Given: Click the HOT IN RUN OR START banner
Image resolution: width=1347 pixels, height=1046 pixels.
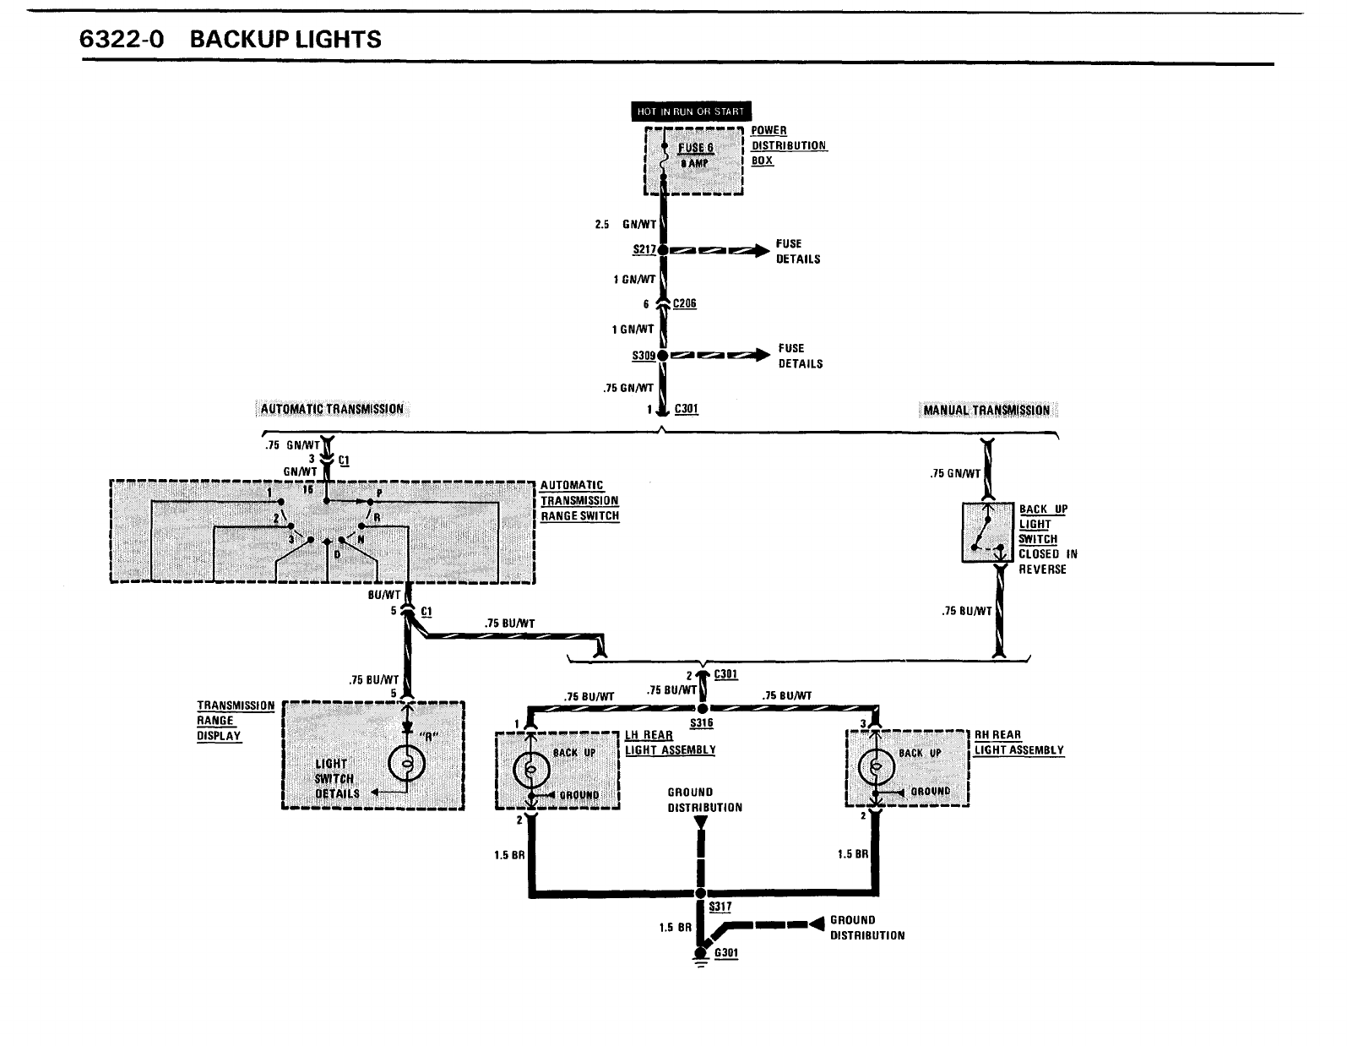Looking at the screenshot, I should point(691,112).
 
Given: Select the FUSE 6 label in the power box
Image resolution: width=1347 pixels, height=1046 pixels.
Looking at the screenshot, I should point(697,148).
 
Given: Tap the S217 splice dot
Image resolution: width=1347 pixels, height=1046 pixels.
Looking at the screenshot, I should point(663,250).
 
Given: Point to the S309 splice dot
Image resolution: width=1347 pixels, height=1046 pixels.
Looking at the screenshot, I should point(663,356).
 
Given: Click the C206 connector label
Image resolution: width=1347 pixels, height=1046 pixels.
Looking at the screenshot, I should point(685,304).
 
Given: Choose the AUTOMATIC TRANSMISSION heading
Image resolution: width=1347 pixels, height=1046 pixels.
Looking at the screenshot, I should point(332,410).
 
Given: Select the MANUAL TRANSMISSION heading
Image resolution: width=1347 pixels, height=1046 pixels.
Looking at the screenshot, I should point(986,411).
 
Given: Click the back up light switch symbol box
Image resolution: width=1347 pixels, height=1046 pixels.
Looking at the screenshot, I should point(987,532).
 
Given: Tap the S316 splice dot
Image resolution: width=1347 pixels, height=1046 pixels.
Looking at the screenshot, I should point(702,708).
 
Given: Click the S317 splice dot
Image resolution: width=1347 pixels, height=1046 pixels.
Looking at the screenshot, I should point(700,893).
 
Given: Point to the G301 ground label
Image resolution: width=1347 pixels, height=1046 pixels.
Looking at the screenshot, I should point(726,954).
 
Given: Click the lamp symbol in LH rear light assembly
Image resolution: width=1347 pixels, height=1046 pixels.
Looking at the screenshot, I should point(531,770).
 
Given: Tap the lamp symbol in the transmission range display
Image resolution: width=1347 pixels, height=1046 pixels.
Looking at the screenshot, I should point(406,765).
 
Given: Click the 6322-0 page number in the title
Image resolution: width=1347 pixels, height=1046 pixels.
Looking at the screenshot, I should point(121,40).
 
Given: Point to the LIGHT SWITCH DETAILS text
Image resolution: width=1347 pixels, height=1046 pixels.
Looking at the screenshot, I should point(337,778).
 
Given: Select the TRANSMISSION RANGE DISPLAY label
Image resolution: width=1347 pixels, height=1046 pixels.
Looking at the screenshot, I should point(236,721).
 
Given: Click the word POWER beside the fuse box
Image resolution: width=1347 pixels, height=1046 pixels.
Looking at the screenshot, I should point(769,131).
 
